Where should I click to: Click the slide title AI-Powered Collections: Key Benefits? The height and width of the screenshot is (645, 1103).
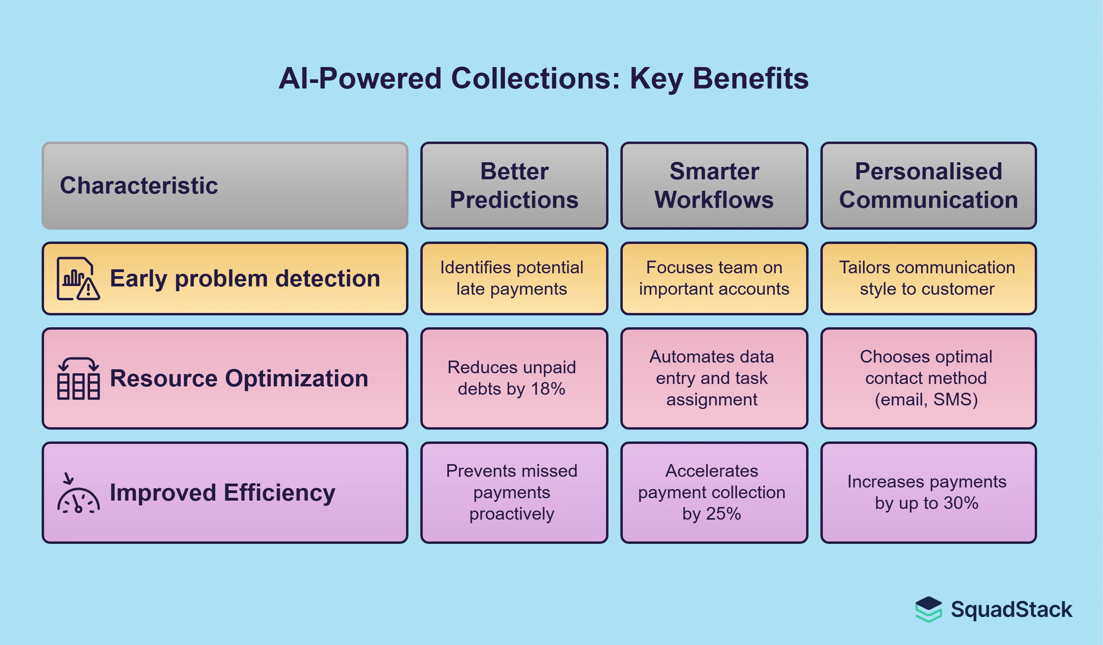point(543,79)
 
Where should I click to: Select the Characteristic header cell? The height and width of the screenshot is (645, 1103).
point(225,186)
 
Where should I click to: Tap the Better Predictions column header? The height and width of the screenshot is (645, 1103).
point(514,186)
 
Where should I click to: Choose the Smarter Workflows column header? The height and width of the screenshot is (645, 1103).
point(714,186)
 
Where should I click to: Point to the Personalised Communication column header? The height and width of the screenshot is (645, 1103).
point(928,186)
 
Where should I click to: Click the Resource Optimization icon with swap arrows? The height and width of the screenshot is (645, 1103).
point(78,378)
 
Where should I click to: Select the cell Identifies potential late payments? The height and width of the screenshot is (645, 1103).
point(514,278)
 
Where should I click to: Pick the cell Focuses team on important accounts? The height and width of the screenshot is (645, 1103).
point(714,278)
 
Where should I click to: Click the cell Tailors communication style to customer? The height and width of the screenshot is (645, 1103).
point(928,278)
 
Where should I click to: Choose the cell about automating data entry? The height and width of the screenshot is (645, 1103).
point(714,378)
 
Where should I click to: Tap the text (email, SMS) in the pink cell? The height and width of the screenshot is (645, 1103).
point(926,399)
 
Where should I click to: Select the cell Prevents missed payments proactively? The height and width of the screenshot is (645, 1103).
point(514,492)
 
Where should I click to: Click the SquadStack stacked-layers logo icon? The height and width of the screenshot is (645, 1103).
point(928,609)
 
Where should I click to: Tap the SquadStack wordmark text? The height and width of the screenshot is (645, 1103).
point(1011,610)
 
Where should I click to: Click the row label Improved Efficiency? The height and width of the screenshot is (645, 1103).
point(222,493)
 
